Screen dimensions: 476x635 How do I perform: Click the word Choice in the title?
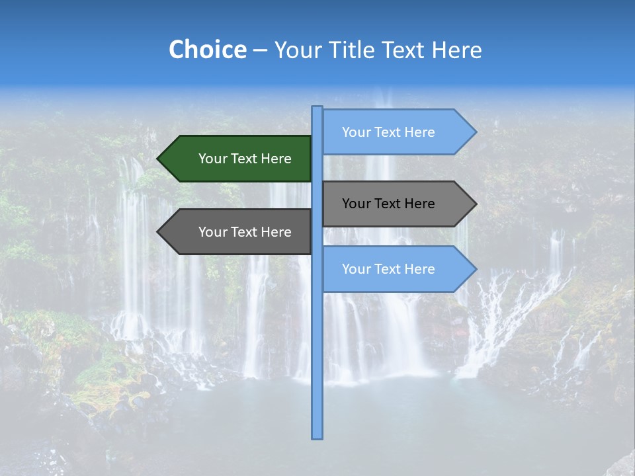pyautogui.click(x=207, y=50)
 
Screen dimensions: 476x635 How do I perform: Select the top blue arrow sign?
pyautogui.click(x=390, y=132)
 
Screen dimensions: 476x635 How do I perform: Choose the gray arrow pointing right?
pyautogui.click(x=390, y=204)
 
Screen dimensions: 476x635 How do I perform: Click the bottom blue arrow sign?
pyautogui.click(x=390, y=269)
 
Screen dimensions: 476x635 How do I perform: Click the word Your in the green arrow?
pyautogui.click(x=213, y=159)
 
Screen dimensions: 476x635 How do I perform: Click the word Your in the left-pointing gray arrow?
pyautogui.click(x=213, y=232)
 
